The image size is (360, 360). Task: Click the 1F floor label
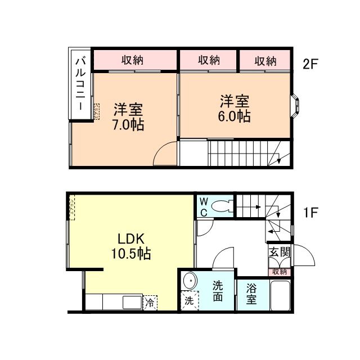[310, 212]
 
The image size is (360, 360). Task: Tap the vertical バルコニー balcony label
[80, 84]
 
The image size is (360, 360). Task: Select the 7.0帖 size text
[128, 125]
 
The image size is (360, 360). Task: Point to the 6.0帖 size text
[234, 116]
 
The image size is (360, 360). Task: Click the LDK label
[131, 238]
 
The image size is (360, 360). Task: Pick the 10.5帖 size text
[131, 254]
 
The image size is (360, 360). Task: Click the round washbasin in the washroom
[190, 281]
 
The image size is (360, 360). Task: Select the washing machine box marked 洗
[190, 300]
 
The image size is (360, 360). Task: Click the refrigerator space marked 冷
[150, 303]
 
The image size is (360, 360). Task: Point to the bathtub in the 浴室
[281, 295]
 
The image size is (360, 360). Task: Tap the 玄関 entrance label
[280, 252]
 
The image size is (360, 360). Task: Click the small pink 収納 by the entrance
[280, 272]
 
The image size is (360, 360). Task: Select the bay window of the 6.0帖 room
[295, 106]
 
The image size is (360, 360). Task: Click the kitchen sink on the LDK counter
[132, 302]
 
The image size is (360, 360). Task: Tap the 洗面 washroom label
[218, 291]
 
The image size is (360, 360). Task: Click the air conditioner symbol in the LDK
[72, 208]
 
